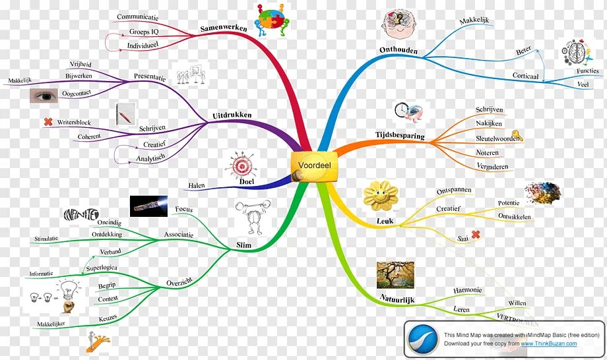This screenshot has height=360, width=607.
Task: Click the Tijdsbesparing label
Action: (400, 136)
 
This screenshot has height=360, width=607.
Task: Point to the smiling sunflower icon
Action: (381, 195)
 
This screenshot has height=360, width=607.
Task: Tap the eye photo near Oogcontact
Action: (46, 96)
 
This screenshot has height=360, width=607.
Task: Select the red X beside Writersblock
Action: (48, 121)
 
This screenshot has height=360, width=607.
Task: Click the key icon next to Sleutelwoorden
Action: (517, 136)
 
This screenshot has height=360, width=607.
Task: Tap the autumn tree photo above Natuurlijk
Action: (395, 274)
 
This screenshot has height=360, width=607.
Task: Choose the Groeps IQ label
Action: (144, 31)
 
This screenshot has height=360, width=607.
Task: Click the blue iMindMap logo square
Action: (423, 338)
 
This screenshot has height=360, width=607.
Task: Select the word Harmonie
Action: (467, 290)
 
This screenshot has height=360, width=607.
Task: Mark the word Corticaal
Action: (525, 76)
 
